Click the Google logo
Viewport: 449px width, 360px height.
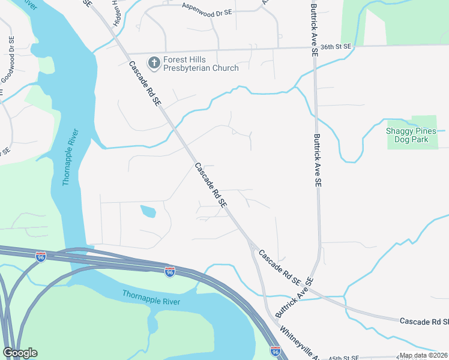(20, 353)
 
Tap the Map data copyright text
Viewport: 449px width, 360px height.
(423, 355)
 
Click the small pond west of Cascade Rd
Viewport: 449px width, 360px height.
(148, 211)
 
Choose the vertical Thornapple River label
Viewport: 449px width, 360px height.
(71, 157)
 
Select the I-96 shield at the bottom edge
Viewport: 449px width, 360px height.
(276, 352)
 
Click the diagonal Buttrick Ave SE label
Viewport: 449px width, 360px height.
(294, 298)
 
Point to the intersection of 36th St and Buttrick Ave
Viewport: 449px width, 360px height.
(314, 46)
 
